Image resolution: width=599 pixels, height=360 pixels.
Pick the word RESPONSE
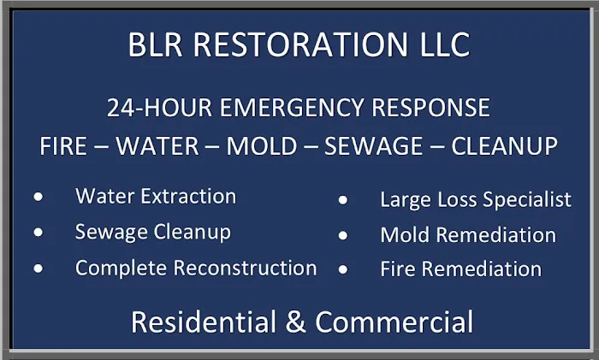429,109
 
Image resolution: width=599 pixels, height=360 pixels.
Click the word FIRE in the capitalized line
63,145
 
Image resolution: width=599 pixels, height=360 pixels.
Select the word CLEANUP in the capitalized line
505,145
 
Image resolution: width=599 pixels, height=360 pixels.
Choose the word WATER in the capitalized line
158,145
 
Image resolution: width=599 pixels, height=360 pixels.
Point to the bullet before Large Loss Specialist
343,201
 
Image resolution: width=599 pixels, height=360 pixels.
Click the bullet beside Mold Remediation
343,235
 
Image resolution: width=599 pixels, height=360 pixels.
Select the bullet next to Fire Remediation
343,269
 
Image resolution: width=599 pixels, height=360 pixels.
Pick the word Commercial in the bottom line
394,322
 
